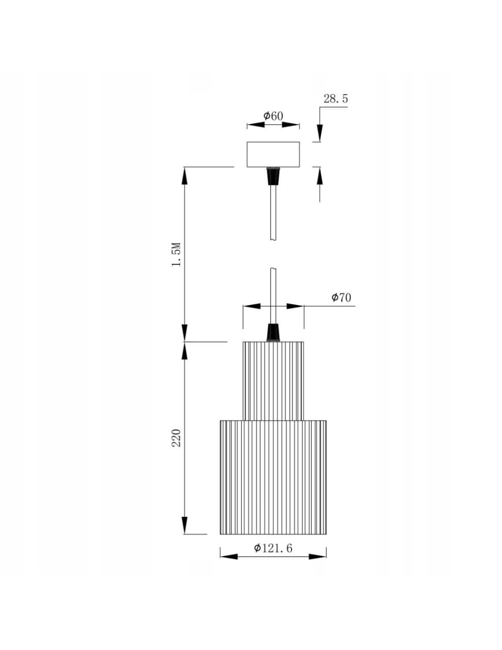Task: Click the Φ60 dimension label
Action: click(x=273, y=116)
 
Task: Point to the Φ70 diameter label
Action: click(x=341, y=297)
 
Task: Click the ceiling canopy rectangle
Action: click(x=273, y=155)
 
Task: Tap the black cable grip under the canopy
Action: click(x=273, y=176)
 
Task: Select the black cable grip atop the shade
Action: click(x=273, y=332)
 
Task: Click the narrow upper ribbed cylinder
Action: click(x=273, y=381)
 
